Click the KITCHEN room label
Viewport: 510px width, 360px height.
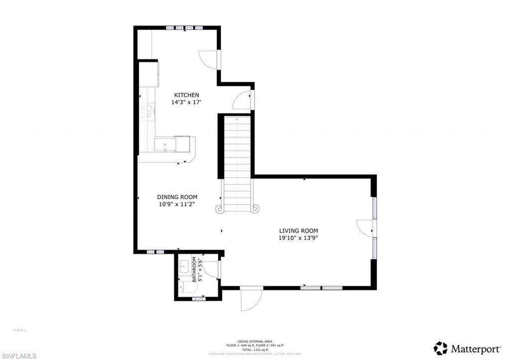[186, 95]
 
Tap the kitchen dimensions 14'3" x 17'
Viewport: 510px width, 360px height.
[186, 102]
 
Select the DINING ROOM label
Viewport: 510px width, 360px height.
[177, 197]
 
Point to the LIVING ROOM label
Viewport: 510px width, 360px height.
[298, 231]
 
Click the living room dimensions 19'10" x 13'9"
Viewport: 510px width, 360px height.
[298, 238]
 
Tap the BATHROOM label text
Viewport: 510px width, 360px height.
[194, 269]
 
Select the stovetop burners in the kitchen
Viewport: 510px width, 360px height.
[145, 111]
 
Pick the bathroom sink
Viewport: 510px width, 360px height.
[183, 266]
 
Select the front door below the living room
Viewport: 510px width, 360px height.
[251, 299]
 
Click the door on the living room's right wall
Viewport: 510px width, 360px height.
[365, 227]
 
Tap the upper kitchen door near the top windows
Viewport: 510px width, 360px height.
[209, 59]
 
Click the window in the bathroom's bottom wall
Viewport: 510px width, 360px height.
[199, 299]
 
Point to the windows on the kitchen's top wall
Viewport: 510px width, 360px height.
[184, 28]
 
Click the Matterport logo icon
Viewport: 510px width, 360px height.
[440, 348]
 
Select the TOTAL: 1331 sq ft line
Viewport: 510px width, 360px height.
[255, 350]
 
